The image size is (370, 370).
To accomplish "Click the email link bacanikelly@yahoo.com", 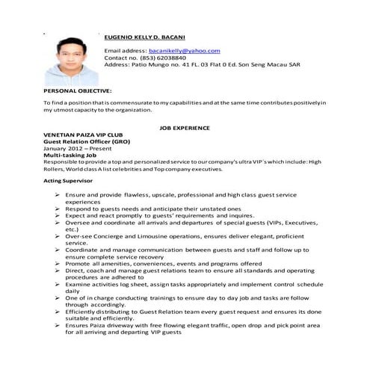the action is coord(185,50).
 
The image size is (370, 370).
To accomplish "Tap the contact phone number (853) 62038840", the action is coord(159,58).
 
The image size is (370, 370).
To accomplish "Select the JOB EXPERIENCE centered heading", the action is coord(185,128).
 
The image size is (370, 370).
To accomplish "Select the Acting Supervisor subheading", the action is coord(68,181).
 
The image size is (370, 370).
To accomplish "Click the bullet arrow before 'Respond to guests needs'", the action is coord(57,209).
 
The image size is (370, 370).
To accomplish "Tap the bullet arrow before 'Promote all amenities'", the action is coord(57,263).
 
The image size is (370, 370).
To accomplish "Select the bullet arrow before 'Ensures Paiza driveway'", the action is coord(57,325).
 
